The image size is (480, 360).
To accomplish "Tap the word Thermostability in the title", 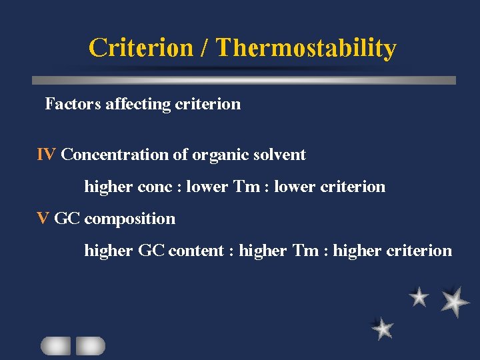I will pyautogui.click(x=306, y=48).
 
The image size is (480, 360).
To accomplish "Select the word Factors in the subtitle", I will pyautogui.click(x=73, y=104).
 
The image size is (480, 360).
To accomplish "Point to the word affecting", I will pyautogui.click(x=136, y=105).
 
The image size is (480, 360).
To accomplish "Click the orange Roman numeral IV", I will pyautogui.click(x=46, y=155).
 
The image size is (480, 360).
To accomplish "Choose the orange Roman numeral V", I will pyautogui.click(x=43, y=219).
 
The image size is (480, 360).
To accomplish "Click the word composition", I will pyautogui.click(x=130, y=219).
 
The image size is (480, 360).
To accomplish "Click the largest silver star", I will pyautogui.click(x=455, y=301).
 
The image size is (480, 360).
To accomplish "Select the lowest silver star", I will pyautogui.click(x=383, y=328).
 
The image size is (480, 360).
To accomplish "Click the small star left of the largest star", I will pyautogui.click(x=419, y=297).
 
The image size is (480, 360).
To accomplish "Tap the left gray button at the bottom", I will pyautogui.click(x=56, y=345).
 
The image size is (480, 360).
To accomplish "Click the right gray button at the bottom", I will pyautogui.click(x=91, y=345).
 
